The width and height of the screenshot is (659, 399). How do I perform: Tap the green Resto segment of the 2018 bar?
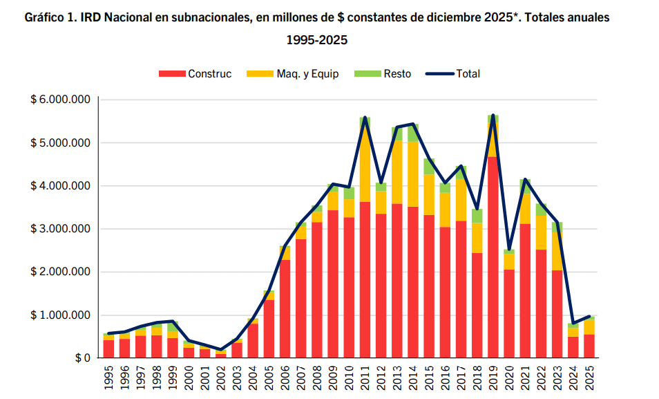tap(477, 216)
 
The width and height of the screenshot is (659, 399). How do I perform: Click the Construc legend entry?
tap(195, 74)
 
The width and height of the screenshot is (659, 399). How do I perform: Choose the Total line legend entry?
tap(453, 74)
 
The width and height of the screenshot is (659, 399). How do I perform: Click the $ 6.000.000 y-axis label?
tap(61, 100)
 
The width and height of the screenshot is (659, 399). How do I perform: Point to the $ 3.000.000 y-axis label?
tap(61, 229)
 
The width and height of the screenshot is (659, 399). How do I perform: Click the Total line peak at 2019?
tap(493, 115)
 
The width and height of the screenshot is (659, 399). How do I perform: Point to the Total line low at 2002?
tap(220, 350)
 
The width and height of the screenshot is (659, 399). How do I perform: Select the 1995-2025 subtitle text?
tap(316, 40)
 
